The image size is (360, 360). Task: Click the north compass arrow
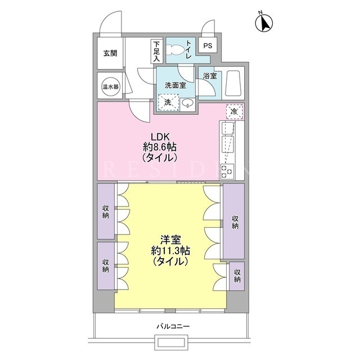tap(264, 22)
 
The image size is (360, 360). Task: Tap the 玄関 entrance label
tap(110, 53)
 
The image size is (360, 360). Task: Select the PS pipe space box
tap(208, 46)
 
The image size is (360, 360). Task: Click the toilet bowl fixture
tap(175, 49)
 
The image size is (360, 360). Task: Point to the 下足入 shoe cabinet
tap(156, 51)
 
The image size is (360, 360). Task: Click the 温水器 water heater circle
tap(110, 87)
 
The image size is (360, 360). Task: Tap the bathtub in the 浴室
tap(233, 83)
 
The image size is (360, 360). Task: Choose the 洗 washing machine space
tap(168, 102)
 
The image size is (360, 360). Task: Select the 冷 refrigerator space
tap(234, 112)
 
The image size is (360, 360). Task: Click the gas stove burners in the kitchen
tap(227, 172)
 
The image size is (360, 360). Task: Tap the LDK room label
tap(160, 147)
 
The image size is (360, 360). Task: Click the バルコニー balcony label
tap(173, 326)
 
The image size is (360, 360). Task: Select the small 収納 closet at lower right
tap(237, 276)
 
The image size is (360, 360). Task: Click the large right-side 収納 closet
tap(234, 222)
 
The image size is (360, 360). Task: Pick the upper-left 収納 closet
tap(106, 211)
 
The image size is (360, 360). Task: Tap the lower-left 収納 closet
tap(106, 266)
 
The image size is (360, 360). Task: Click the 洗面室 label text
tap(175, 85)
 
